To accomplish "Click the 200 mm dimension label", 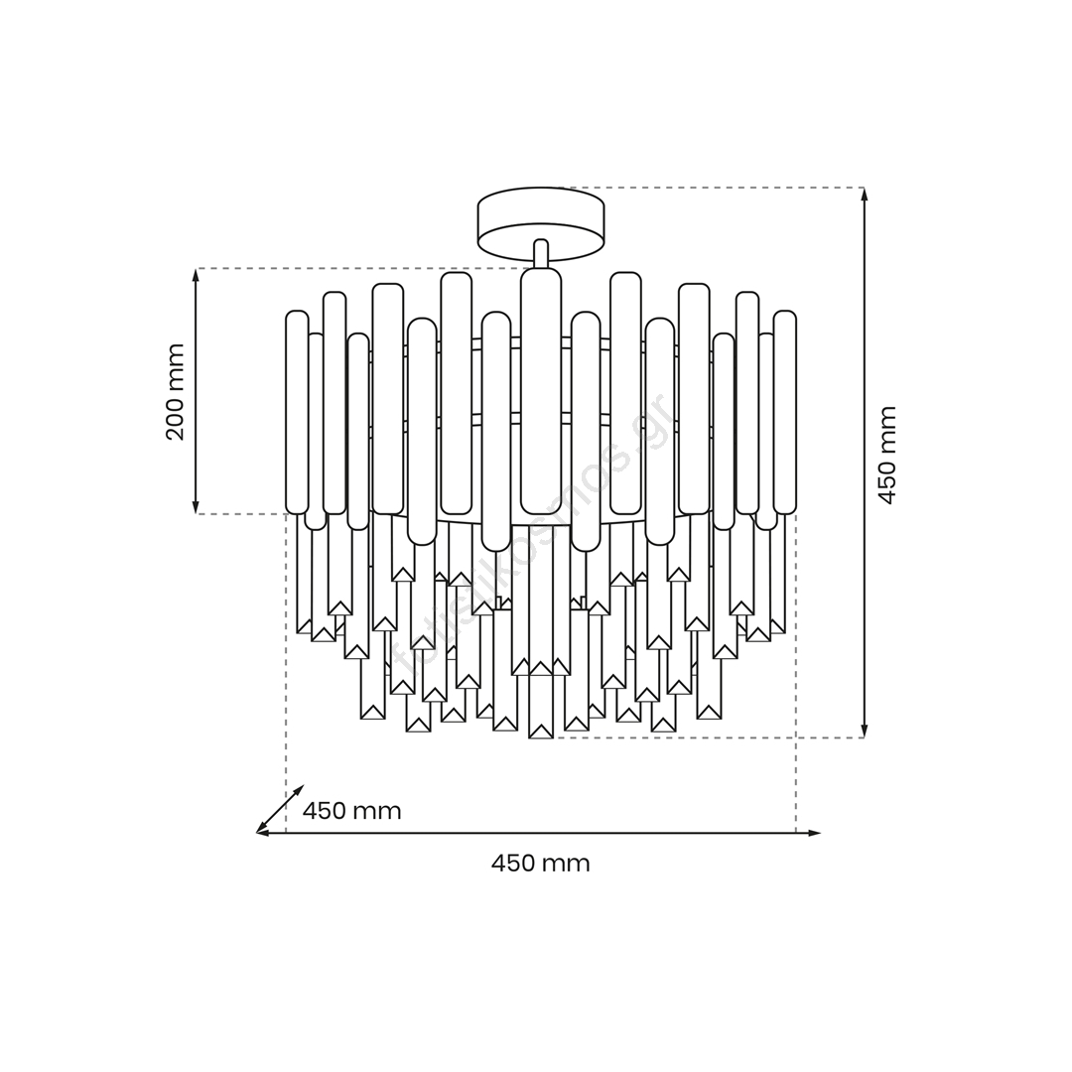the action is tap(176, 392).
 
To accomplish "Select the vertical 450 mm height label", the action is tap(886, 456).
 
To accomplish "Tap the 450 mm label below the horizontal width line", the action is tap(540, 864).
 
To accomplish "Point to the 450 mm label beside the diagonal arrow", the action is tap(351, 811).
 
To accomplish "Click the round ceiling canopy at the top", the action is tap(541, 225).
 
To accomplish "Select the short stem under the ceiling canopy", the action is tap(541, 254).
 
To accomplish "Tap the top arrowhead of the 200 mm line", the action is tap(196, 275).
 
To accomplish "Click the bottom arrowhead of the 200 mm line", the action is tap(196, 506).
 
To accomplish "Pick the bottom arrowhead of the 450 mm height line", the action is tap(865, 731).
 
